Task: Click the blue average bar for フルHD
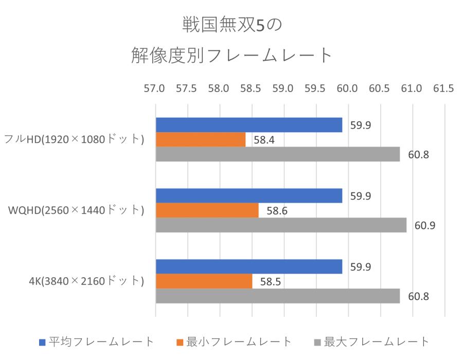(248, 125)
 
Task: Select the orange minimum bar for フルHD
(201, 139)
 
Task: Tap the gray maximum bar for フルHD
(277, 154)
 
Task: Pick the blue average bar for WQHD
(248, 196)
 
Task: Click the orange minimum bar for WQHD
(207, 210)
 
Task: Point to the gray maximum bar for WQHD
(281, 225)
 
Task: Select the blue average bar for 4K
(248, 267)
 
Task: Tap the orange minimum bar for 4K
(204, 281)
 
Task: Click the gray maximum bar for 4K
(277, 296)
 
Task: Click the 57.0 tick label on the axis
(155, 88)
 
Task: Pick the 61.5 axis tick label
(443, 88)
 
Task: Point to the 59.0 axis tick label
(283, 88)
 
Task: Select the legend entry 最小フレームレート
(234, 341)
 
